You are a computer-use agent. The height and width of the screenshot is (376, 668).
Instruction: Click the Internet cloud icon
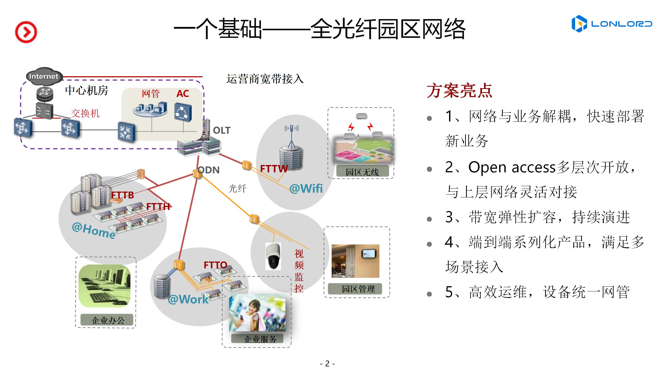point(44,76)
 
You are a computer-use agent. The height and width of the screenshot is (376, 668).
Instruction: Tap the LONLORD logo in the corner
point(612,24)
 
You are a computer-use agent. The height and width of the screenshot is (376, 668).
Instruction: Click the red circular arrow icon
point(26,32)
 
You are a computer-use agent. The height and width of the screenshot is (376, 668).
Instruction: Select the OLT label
point(222,130)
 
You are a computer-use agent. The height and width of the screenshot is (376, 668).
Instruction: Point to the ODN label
point(209,170)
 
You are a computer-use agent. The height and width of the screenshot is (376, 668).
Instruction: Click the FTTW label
point(274,169)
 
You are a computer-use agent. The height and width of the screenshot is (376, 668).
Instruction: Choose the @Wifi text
point(306,189)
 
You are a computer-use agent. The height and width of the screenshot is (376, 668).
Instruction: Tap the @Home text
point(94,230)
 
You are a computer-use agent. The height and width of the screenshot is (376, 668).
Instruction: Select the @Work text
point(188,299)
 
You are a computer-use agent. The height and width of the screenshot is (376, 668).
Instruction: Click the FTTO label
point(215,265)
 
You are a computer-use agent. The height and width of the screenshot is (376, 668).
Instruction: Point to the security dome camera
point(273,256)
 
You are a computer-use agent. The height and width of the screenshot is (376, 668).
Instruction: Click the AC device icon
point(183,112)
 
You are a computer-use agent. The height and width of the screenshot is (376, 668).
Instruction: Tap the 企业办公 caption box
point(107,320)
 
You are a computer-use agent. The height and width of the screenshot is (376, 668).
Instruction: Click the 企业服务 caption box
point(257,339)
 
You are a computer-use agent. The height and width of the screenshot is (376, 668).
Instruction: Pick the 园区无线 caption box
point(362,172)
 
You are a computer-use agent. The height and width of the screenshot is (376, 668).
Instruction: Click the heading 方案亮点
point(459,91)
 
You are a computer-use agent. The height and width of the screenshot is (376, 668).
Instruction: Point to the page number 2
point(327,363)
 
